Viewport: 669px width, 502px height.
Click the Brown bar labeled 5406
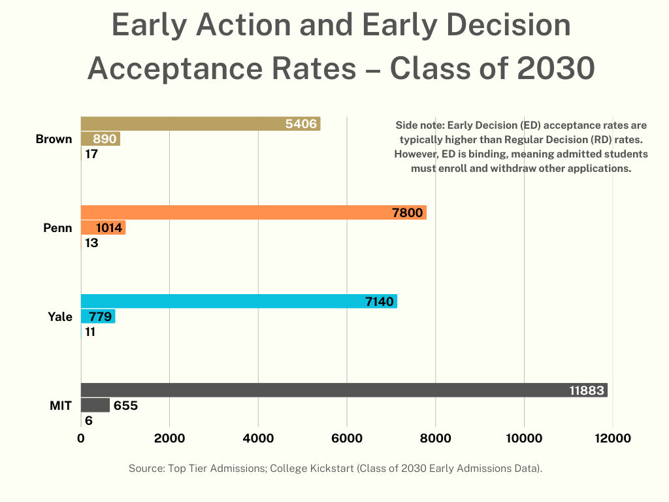[x=200, y=124]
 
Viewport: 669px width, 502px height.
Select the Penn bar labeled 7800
[x=253, y=212]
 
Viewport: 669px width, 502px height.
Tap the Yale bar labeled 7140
[x=238, y=301]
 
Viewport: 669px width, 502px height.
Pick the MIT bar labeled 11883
[x=344, y=390]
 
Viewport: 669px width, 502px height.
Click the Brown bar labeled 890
[x=100, y=139]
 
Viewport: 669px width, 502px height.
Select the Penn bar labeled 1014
[x=103, y=228]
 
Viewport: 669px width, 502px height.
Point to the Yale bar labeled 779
[x=97, y=317]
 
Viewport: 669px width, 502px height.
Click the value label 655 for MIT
[x=125, y=406]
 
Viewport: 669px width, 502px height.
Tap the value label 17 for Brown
[x=91, y=155]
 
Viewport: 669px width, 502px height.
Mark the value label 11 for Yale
[x=91, y=332]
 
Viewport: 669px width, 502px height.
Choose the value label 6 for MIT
[x=89, y=421]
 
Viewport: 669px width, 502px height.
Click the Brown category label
[x=54, y=139]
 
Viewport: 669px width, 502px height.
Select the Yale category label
[x=59, y=317]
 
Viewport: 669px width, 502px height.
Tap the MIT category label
[x=61, y=406]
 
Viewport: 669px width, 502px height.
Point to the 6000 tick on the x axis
[x=346, y=439]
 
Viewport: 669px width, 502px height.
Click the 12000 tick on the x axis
[x=612, y=439]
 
